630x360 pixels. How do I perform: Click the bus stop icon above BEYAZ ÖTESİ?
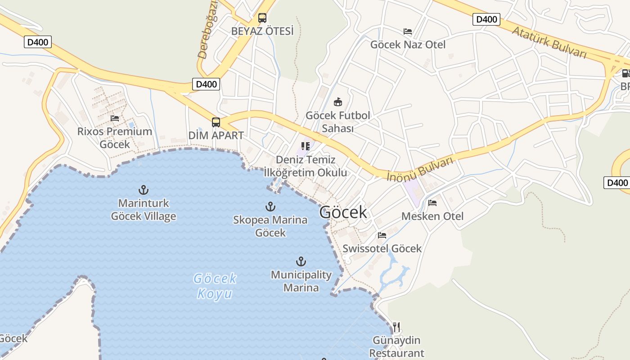[x=262, y=18]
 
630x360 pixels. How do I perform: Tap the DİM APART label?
[x=216, y=135]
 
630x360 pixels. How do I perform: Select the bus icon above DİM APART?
[x=216, y=122]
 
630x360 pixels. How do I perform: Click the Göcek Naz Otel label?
[x=408, y=45]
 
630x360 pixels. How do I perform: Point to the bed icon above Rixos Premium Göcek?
[x=115, y=118]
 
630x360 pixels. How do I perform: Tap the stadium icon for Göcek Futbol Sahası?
[x=338, y=102]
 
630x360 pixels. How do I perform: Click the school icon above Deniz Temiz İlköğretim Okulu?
[x=306, y=146]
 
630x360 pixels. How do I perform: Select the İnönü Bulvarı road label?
[x=419, y=169]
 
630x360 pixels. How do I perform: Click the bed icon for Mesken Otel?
[x=432, y=203]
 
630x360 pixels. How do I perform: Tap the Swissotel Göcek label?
[x=382, y=248]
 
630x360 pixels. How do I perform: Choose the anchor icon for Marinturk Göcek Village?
[x=144, y=190]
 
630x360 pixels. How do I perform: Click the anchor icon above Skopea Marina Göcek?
[x=270, y=207]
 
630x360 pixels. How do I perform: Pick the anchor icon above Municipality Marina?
[x=301, y=261]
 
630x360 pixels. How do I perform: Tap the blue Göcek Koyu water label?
[x=215, y=286]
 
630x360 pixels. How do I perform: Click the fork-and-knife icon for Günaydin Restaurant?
[x=396, y=327]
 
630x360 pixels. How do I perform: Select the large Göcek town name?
[x=343, y=212]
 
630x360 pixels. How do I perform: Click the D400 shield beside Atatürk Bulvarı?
[x=486, y=19]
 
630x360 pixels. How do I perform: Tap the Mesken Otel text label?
[x=432, y=216]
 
